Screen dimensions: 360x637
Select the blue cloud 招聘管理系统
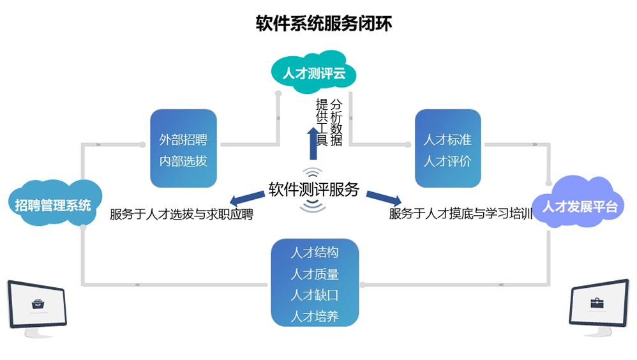click(x=54, y=205)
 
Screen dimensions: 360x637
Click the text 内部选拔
click(x=183, y=161)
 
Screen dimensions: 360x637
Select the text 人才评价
click(x=447, y=161)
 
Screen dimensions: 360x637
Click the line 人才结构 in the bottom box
click(x=315, y=252)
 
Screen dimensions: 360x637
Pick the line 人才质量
click(x=315, y=274)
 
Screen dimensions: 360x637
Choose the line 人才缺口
click(x=315, y=295)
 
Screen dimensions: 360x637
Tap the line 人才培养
click(x=315, y=316)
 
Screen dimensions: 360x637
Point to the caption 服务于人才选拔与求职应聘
click(x=181, y=214)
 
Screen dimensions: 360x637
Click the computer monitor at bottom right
click(x=599, y=306)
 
